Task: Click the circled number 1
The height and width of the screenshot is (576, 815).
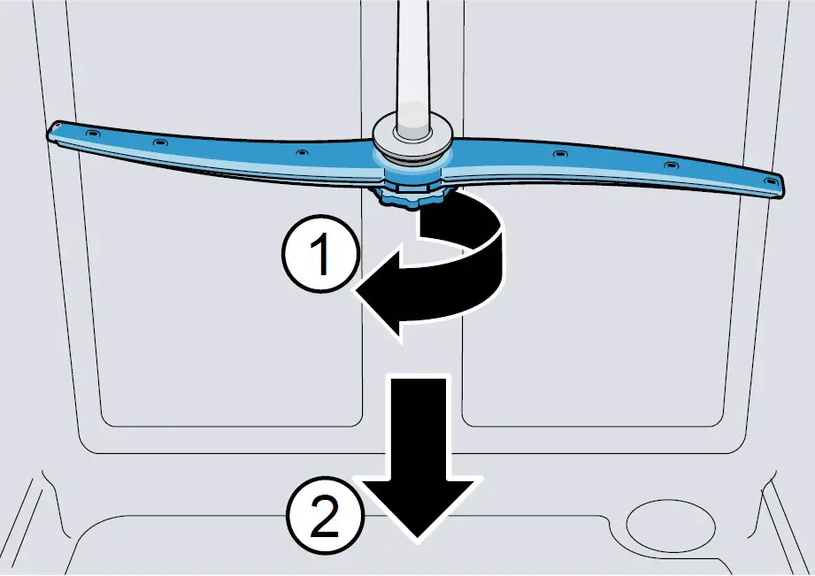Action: pyautogui.click(x=321, y=256)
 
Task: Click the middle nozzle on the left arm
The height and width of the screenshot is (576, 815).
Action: pyautogui.click(x=159, y=142)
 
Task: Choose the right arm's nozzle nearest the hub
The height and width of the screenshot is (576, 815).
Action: pyautogui.click(x=559, y=154)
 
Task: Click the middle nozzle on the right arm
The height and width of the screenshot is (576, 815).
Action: pyautogui.click(x=668, y=165)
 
